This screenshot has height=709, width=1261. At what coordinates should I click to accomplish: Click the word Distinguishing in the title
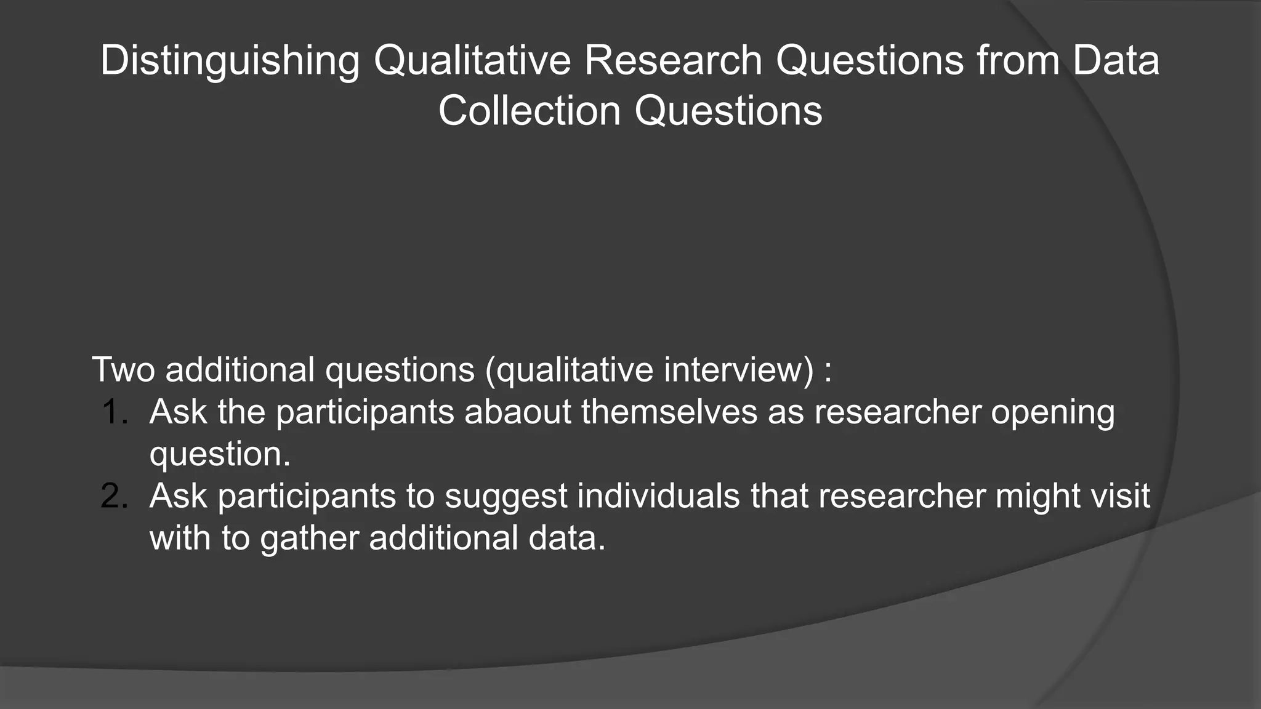click(230, 62)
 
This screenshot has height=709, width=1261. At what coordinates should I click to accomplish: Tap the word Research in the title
click(673, 60)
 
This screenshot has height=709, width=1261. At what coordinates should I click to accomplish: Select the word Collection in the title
click(529, 111)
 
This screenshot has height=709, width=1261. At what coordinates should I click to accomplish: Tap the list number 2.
click(114, 495)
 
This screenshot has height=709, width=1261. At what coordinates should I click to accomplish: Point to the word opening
click(1052, 412)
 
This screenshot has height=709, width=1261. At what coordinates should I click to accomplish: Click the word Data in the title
click(1116, 60)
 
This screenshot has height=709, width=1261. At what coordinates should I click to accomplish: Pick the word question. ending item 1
click(220, 455)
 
